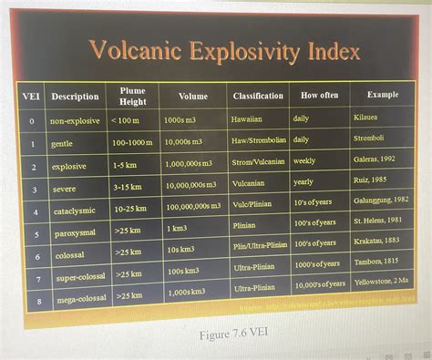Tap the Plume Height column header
point(132,95)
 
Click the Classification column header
point(258,96)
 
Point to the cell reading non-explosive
point(75,120)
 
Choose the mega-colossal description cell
point(82,298)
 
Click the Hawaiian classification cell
point(246,119)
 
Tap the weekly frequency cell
point(304,160)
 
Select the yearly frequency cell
point(303,181)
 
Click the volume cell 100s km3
point(182,271)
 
